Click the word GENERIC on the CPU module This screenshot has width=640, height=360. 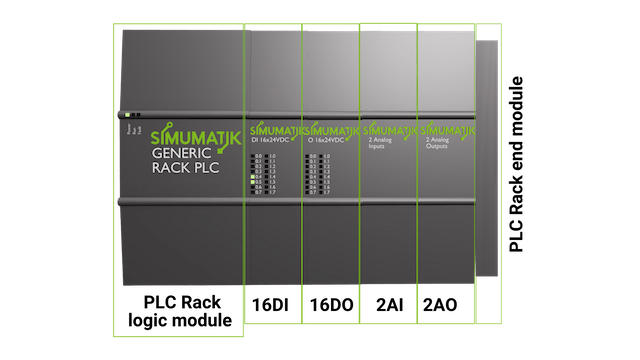[182, 155]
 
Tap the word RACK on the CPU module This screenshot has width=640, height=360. [166, 172]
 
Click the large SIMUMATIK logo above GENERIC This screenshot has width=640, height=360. [189, 136]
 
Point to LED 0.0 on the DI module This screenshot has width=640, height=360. [255, 157]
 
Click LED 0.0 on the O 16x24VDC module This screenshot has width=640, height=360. [312, 157]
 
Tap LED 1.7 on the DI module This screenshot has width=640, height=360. [269, 192]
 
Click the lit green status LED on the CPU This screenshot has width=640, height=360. [128, 115]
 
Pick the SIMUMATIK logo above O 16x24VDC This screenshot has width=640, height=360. [332, 131]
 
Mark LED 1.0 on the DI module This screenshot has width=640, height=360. [269, 157]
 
